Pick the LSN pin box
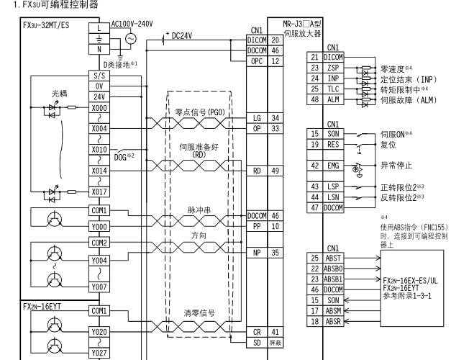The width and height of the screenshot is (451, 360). (x=333, y=197)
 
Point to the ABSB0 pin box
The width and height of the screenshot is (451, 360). (x=333, y=267)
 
